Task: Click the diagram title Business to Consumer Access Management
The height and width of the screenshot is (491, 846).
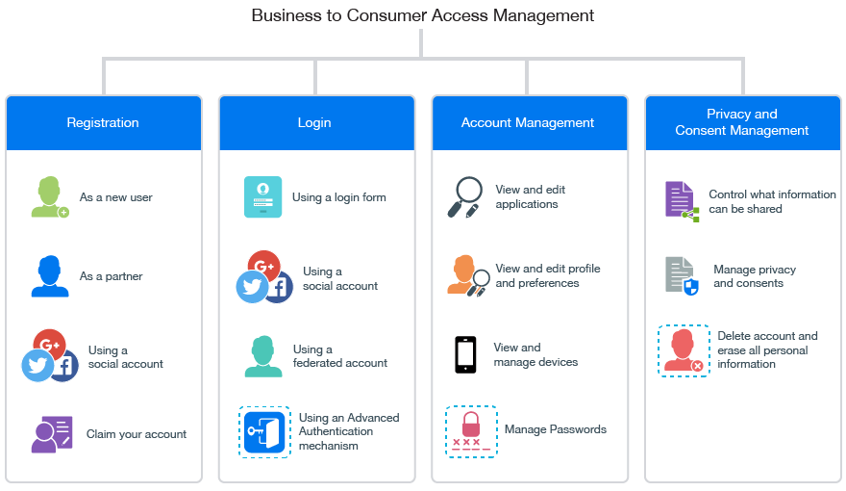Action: point(422,15)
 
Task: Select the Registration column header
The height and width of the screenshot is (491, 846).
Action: point(103,122)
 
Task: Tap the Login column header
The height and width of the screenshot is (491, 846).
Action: point(314,122)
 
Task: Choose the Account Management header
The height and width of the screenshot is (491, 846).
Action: point(528,122)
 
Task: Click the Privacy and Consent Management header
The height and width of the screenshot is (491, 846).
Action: point(741,122)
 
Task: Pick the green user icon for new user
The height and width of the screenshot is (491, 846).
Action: point(49,197)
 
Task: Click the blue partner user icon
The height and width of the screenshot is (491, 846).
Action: point(49,276)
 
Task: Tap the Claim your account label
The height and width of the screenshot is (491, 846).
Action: point(137,434)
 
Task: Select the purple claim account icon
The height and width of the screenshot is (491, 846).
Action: point(51,434)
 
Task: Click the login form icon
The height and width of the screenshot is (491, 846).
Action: point(262,197)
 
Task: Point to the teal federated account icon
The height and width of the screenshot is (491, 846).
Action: point(262,356)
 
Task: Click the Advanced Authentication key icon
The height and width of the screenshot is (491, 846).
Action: point(264,431)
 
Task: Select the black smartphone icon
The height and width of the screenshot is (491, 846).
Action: point(465,354)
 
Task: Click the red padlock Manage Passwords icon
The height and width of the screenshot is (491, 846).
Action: point(471,430)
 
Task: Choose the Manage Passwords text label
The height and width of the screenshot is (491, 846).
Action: point(555,429)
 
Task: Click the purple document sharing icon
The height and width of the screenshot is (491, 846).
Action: point(681,200)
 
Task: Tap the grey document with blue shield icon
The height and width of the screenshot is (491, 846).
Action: point(681,275)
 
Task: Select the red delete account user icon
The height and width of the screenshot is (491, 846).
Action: point(684,349)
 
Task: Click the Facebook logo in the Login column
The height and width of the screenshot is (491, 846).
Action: point(278,288)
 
